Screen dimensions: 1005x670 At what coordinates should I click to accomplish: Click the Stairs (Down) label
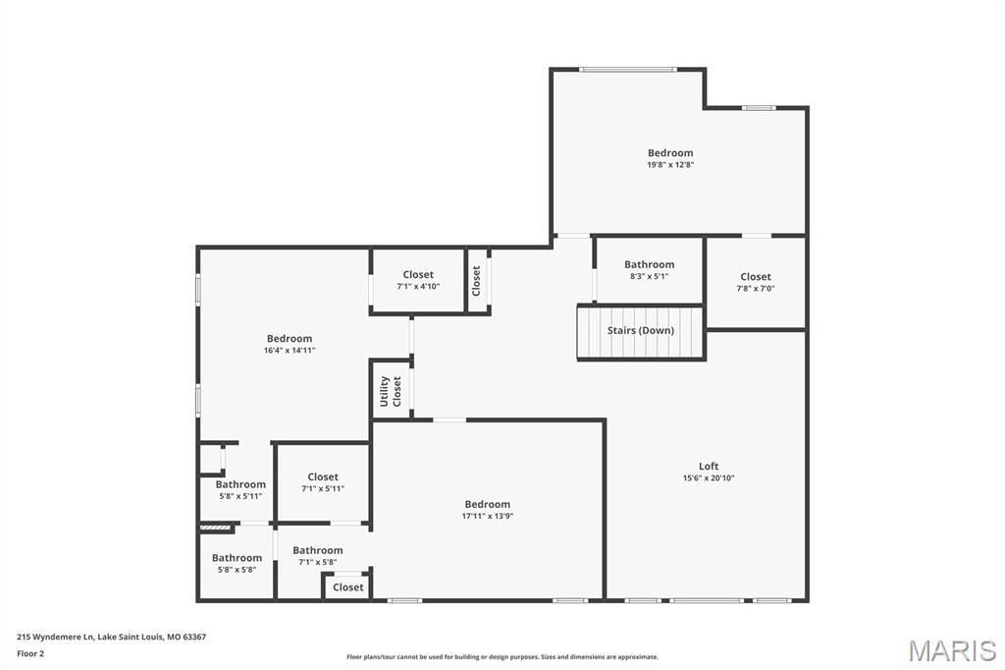click(640, 330)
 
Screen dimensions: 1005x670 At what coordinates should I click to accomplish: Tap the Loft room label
click(709, 466)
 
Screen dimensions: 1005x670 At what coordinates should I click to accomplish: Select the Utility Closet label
click(391, 391)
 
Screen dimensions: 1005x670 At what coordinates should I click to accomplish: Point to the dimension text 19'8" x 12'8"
click(670, 164)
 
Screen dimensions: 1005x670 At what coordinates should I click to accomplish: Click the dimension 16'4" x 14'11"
click(290, 351)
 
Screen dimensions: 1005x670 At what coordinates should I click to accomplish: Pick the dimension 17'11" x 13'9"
click(488, 516)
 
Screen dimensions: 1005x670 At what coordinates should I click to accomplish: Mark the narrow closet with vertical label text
click(476, 281)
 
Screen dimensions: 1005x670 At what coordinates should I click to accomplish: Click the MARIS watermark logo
click(951, 650)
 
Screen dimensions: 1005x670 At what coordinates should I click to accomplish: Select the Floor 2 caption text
click(30, 654)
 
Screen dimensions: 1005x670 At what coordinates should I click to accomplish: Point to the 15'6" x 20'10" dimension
click(709, 478)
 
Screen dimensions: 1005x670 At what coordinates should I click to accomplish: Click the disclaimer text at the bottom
click(502, 657)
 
